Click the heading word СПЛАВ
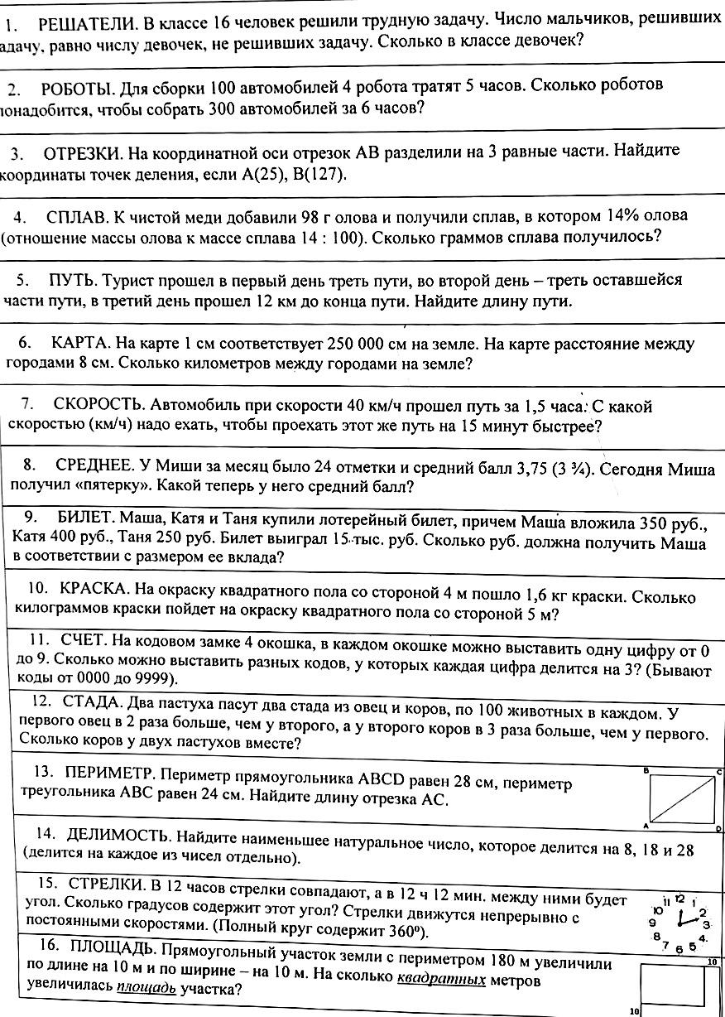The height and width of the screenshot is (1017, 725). [77, 217]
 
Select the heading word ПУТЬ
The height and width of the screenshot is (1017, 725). [75, 279]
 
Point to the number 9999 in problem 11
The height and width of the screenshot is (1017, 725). [150, 679]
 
